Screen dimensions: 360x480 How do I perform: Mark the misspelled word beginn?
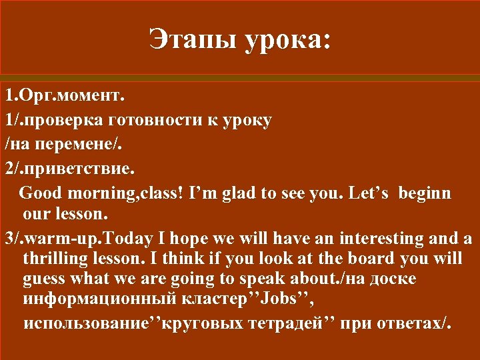click(425, 193)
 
